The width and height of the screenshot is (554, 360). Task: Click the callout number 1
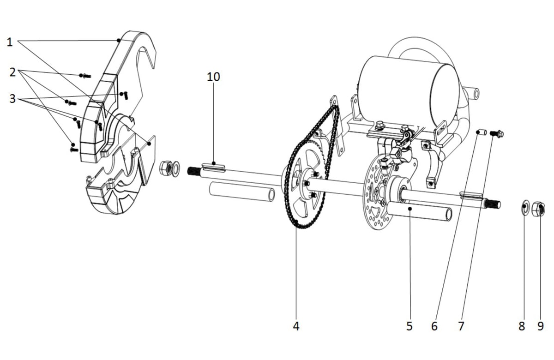click(x=10, y=42)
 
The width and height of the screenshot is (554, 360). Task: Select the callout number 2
click(x=12, y=72)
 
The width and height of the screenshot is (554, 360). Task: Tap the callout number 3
click(x=12, y=99)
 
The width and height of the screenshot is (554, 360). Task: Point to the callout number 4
click(x=296, y=326)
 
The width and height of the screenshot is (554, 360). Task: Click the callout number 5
click(x=409, y=326)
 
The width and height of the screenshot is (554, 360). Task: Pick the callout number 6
click(x=434, y=326)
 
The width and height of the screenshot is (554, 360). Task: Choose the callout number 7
click(x=461, y=326)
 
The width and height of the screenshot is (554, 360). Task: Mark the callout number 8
click(x=522, y=326)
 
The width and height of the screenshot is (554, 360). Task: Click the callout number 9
click(x=541, y=326)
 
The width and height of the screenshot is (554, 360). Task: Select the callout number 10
click(x=213, y=77)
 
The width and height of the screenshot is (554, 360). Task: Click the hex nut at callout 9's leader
click(x=538, y=209)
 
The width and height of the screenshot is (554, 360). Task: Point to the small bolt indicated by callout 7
click(x=497, y=134)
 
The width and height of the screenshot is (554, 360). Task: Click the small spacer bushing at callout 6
click(x=482, y=132)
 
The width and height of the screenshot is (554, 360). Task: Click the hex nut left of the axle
click(x=166, y=168)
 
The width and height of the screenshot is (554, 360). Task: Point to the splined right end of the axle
click(x=493, y=204)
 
